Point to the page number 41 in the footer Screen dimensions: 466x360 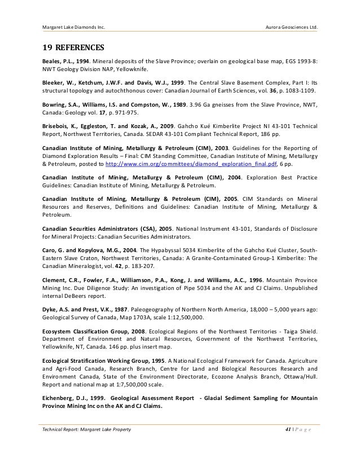click(289, 430)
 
